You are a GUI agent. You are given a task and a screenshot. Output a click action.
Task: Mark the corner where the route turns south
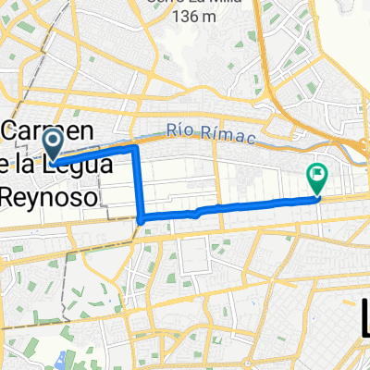137,147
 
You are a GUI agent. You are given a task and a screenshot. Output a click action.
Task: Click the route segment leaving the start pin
92,154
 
